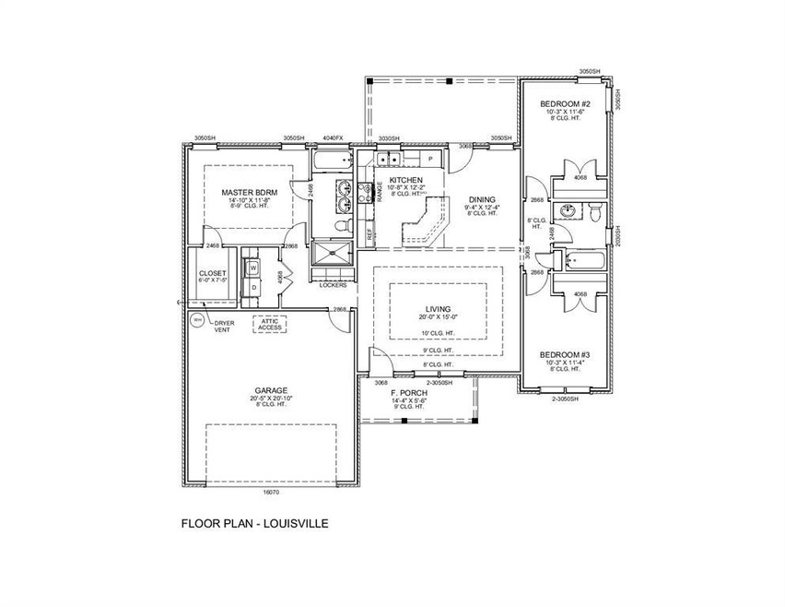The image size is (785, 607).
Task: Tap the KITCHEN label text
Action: (405, 180)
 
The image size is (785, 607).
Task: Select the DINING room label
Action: (482, 197)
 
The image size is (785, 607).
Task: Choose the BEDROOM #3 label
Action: (563, 354)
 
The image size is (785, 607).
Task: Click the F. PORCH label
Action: (406, 393)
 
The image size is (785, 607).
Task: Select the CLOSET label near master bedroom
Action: (211, 273)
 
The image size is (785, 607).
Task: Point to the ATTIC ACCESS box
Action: (270, 324)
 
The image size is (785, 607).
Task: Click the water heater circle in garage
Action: (196, 320)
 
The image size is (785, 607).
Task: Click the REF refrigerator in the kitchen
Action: (370, 234)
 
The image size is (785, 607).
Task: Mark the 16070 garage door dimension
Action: (271, 494)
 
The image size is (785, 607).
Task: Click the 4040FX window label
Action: (332, 138)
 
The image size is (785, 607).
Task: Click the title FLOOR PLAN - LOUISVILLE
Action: (254, 523)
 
